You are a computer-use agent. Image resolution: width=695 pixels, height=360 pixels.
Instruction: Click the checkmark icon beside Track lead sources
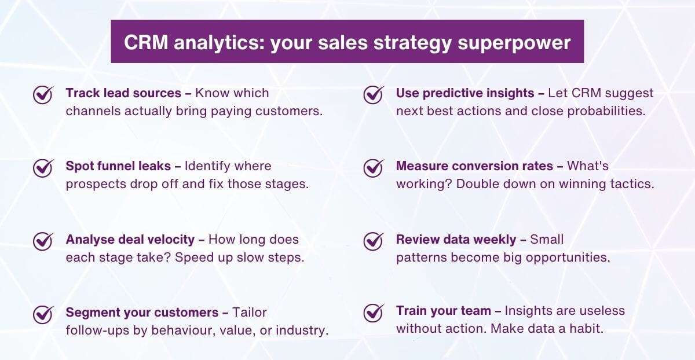43,94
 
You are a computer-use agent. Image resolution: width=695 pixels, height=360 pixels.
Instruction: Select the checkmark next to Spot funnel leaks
43,167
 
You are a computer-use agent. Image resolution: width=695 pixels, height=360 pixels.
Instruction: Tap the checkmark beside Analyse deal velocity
43,241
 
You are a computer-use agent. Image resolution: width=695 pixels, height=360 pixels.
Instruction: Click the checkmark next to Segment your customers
43,314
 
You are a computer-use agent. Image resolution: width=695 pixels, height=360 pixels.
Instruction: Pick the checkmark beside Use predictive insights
374,94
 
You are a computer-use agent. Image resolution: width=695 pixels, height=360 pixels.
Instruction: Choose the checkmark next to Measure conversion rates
374,167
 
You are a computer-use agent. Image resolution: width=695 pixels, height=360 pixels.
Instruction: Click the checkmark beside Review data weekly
374,241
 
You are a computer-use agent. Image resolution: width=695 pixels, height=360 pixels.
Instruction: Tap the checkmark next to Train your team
374,312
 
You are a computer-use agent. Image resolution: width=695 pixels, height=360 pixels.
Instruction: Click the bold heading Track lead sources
123,93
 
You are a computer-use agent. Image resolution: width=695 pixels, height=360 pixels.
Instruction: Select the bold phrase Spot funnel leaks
118,166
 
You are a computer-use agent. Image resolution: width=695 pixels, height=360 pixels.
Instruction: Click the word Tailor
250,313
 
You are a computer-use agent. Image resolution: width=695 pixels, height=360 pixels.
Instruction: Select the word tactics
635,184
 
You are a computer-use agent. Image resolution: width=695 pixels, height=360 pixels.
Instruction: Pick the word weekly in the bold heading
496,240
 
